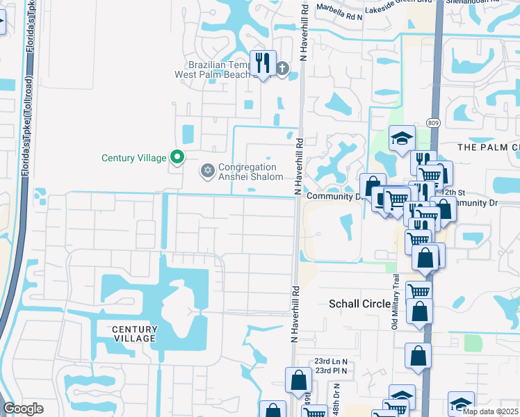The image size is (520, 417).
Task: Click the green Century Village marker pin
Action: tap(177, 158)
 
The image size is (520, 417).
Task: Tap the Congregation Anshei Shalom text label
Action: tap(250, 172)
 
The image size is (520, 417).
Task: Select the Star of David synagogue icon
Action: tap(207, 170)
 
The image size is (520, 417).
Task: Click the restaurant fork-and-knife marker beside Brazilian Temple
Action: tap(262, 64)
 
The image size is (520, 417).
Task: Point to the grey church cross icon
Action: tap(282, 68)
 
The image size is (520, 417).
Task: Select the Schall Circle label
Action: tap(356, 304)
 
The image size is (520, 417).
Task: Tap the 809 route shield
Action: tap(433, 123)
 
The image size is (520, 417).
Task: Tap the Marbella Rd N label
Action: tap(340, 8)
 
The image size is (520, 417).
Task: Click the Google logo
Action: tap(23, 409)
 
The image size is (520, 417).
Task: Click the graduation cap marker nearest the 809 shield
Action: tap(401, 139)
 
